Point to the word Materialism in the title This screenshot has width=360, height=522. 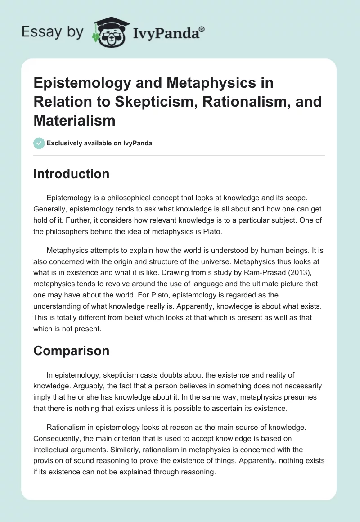pyautogui.click(x=75, y=120)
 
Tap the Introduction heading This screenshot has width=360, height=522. pyautogui.click(x=71, y=174)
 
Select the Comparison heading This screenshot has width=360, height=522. pyautogui.click(x=71, y=351)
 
